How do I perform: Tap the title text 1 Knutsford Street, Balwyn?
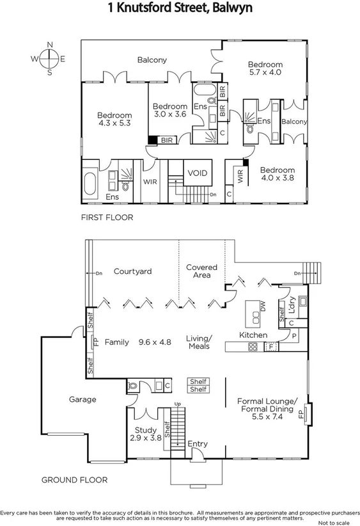pos(180,8)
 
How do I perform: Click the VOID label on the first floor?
pos(196,173)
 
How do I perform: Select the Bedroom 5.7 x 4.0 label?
pos(265,68)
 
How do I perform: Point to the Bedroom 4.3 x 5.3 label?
pos(114,120)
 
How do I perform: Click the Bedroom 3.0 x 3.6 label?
pos(170,110)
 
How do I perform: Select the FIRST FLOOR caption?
pos(107,218)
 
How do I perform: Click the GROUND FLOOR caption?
pos(74,479)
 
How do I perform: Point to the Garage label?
pos(82,399)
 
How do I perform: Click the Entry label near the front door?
pos(198,443)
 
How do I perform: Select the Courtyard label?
pos(132,271)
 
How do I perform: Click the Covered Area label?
pos(201,271)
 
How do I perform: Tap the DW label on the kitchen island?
pos(262,307)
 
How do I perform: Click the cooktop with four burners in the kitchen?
pos(253,347)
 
